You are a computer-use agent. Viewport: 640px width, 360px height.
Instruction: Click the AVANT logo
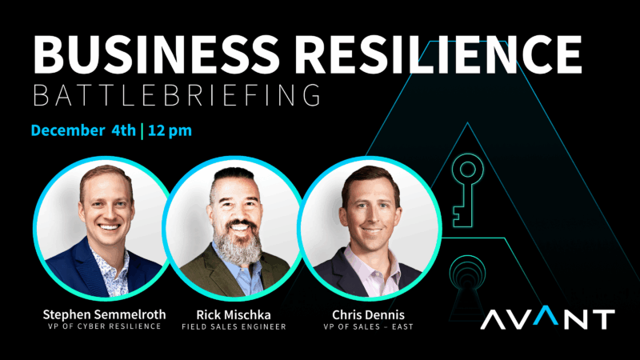[x=548, y=319]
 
